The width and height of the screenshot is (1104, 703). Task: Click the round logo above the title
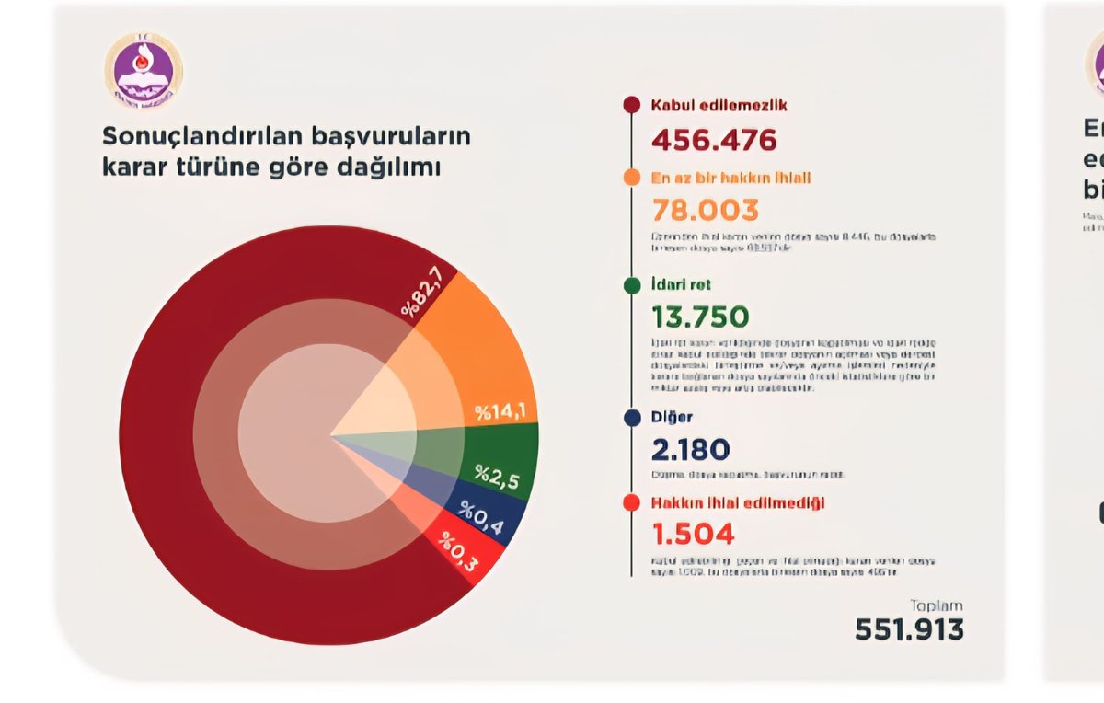point(144,72)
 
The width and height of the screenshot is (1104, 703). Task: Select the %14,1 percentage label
point(500,412)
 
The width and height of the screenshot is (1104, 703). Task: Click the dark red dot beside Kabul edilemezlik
point(631,105)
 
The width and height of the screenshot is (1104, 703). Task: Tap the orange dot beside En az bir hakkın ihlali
point(631,178)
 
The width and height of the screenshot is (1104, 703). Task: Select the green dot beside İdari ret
point(631,285)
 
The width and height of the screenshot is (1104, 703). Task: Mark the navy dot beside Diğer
point(631,418)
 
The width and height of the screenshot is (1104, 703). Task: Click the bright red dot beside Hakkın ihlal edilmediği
point(631,503)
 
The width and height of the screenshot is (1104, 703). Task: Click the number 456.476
point(714,140)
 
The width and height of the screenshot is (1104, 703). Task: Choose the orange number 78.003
point(705,211)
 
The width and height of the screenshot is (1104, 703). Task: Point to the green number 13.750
point(700,317)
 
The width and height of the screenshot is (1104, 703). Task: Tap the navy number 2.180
point(690,450)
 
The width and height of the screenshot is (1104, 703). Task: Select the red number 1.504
point(693,534)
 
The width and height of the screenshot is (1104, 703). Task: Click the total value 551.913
point(909,629)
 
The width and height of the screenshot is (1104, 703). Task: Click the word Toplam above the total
point(937,605)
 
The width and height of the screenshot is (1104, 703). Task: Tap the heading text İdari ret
point(681,285)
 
